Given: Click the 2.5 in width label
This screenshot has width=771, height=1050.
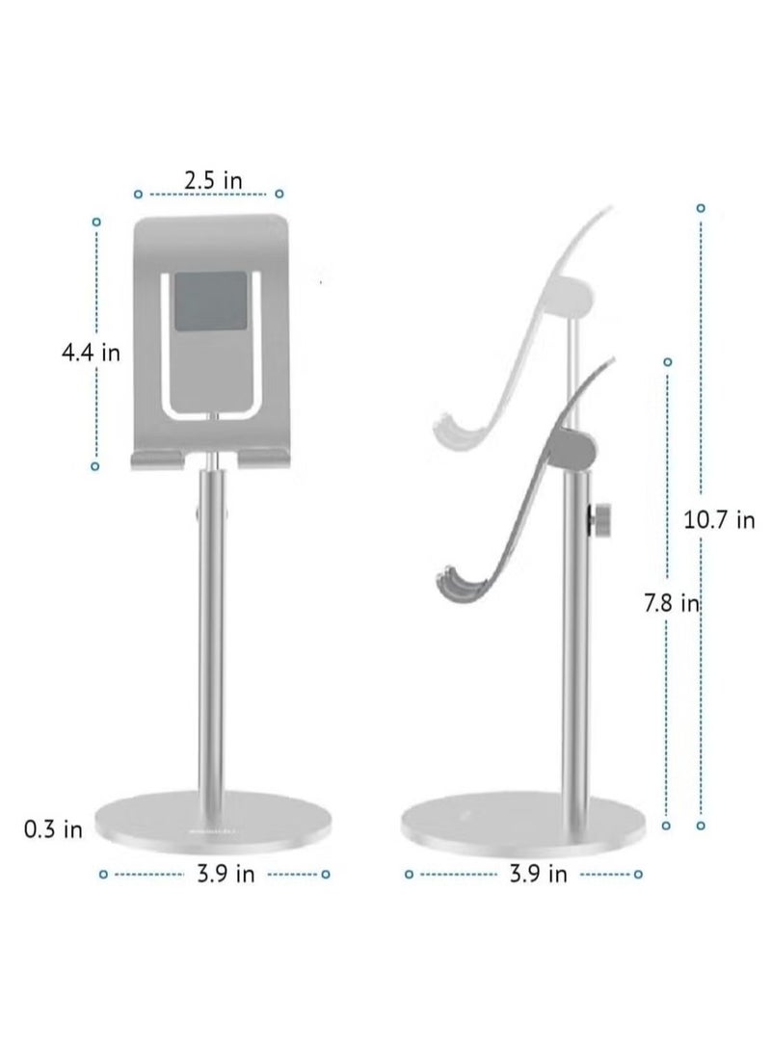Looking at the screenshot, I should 206,181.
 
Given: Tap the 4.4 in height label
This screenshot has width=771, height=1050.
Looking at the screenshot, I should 91,353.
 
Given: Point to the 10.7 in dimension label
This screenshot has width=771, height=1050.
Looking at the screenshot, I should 719,521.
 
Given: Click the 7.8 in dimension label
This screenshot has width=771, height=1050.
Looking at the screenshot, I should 671,604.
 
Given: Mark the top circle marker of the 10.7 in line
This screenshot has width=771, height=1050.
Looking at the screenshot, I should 701,207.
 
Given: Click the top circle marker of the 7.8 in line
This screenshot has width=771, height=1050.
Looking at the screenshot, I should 667,362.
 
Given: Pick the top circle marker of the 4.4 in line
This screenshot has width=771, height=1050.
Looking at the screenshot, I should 95,223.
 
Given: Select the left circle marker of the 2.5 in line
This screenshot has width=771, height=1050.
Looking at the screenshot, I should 138,193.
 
